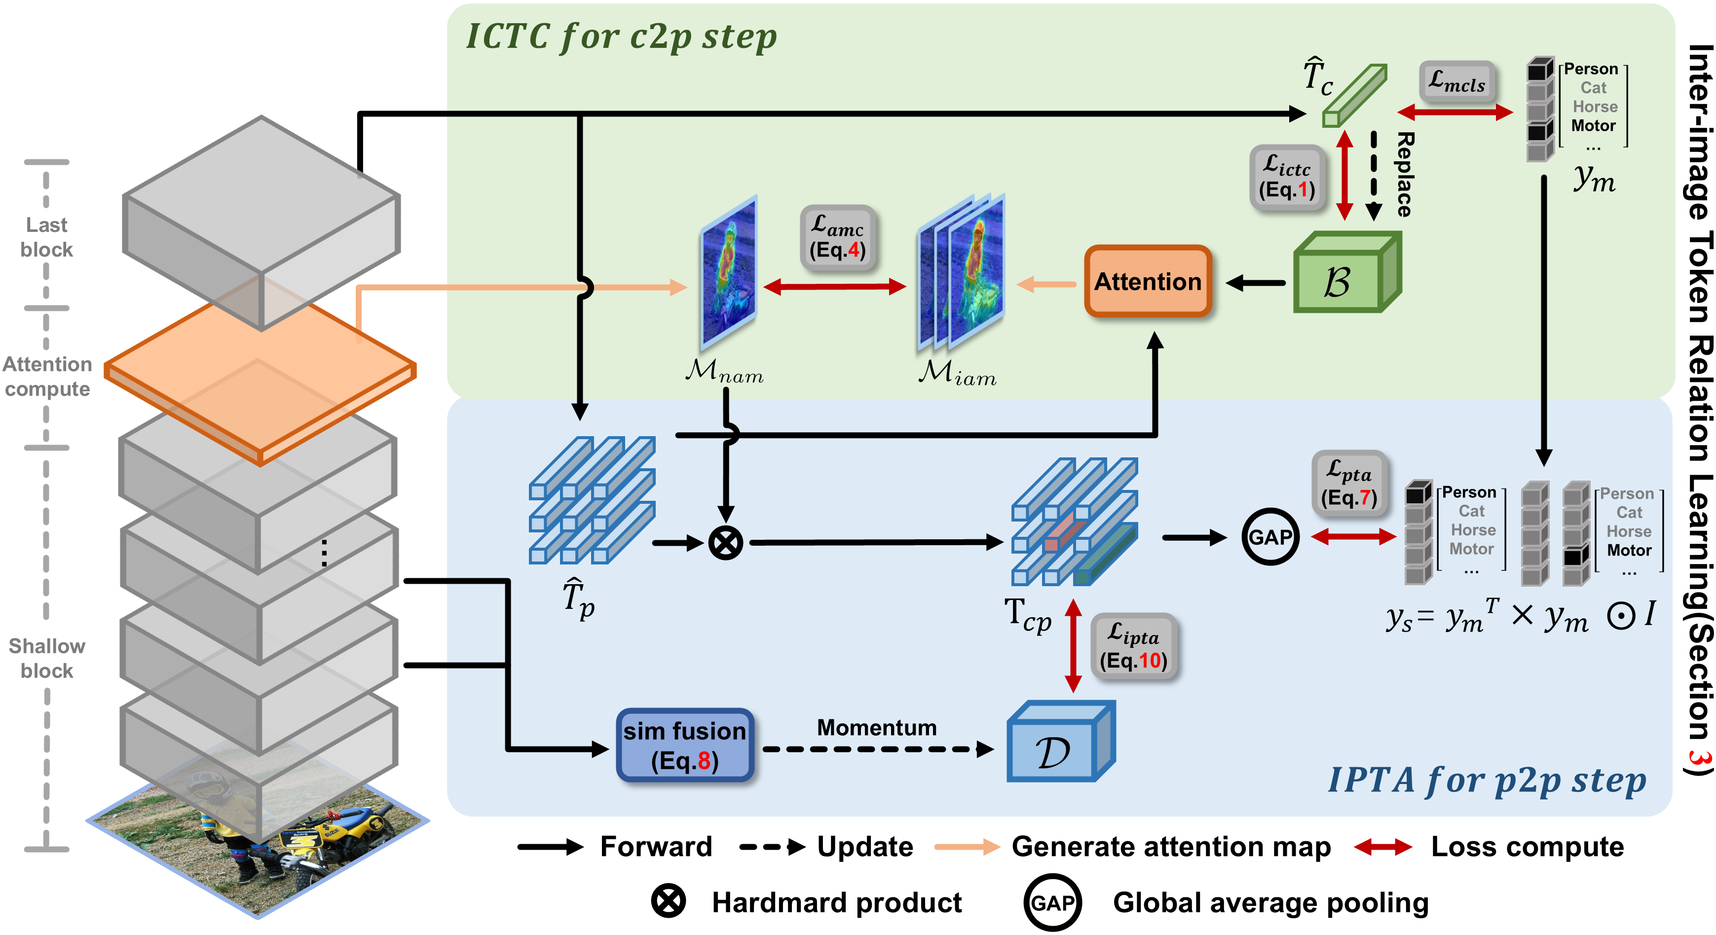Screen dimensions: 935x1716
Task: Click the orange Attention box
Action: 1148,281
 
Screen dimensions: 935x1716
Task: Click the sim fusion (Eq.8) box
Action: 685,745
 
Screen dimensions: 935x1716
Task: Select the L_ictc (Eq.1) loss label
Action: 1286,178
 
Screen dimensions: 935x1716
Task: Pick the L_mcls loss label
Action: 1457,82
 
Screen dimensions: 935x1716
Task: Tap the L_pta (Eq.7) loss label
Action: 1349,484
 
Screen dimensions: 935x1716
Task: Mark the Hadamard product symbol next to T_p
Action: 725,543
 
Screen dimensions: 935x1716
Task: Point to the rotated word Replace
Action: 1404,175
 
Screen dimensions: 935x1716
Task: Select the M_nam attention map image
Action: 729,273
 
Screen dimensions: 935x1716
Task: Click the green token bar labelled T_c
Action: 1354,96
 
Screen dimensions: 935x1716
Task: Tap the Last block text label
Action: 47,237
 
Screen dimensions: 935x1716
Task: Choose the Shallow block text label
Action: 47,658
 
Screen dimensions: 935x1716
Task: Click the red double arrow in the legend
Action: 1382,847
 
